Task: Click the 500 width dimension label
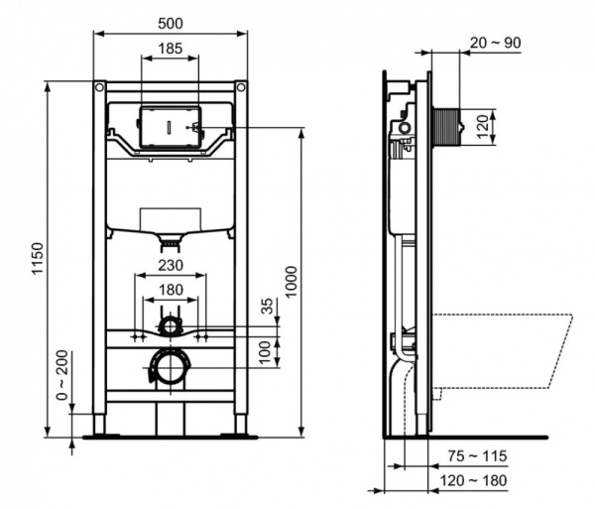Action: (171, 21)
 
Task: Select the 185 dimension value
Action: (171, 47)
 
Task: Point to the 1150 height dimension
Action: (38, 260)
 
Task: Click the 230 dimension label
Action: (171, 266)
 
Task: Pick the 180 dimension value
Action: (171, 290)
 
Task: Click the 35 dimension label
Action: (267, 307)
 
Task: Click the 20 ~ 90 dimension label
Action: (496, 42)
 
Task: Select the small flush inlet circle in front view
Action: (171, 324)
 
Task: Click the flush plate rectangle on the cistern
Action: (171, 128)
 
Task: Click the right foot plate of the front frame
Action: (241, 434)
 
